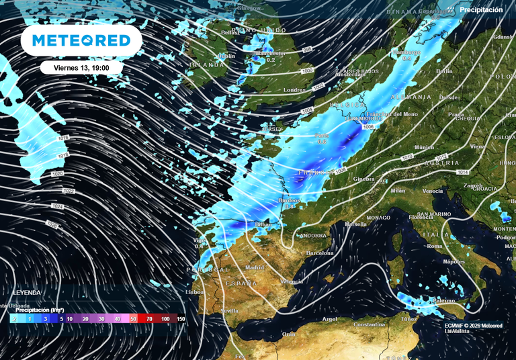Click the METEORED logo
coord(82,40)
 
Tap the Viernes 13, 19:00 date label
coord(81,67)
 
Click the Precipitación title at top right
coord(481,10)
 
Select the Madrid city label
coord(255,267)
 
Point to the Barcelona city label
coord(319,253)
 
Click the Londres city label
coord(295,90)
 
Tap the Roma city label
coord(435,246)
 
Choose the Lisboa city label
coord(195,293)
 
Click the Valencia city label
coord(291,281)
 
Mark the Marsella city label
coord(355,224)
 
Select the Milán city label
coord(398,191)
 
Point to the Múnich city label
coord(424,147)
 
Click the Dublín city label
coord(226,56)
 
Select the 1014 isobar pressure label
coord(463,173)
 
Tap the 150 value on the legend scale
coord(180,318)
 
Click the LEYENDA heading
coord(26,293)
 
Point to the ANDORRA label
coord(313,236)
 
